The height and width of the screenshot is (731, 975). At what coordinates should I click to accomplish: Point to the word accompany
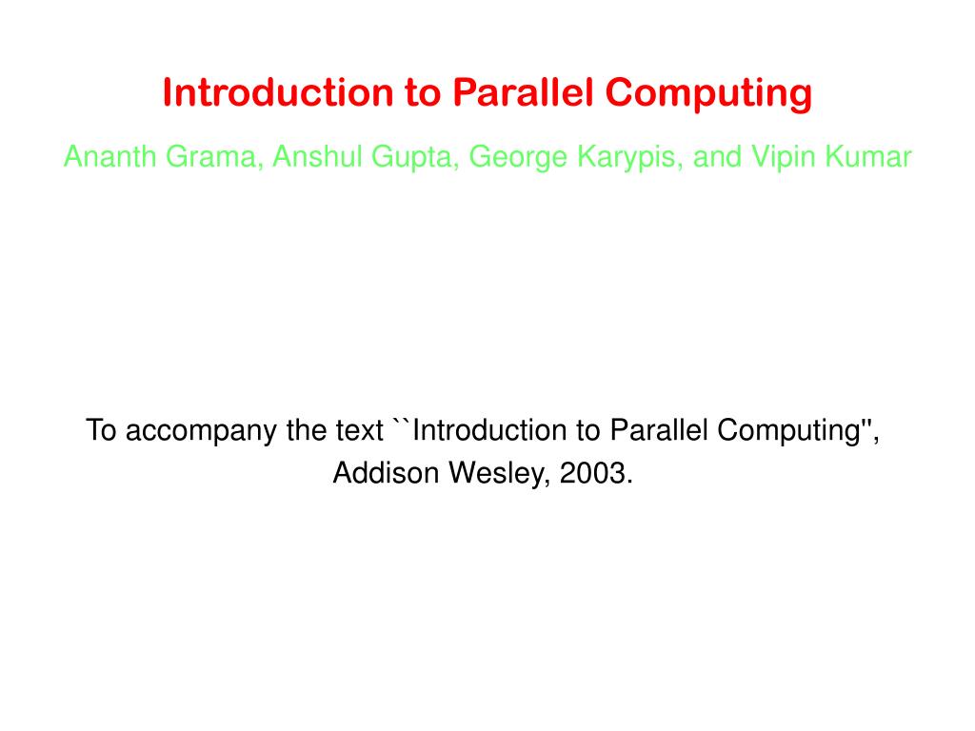tap(202, 431)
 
